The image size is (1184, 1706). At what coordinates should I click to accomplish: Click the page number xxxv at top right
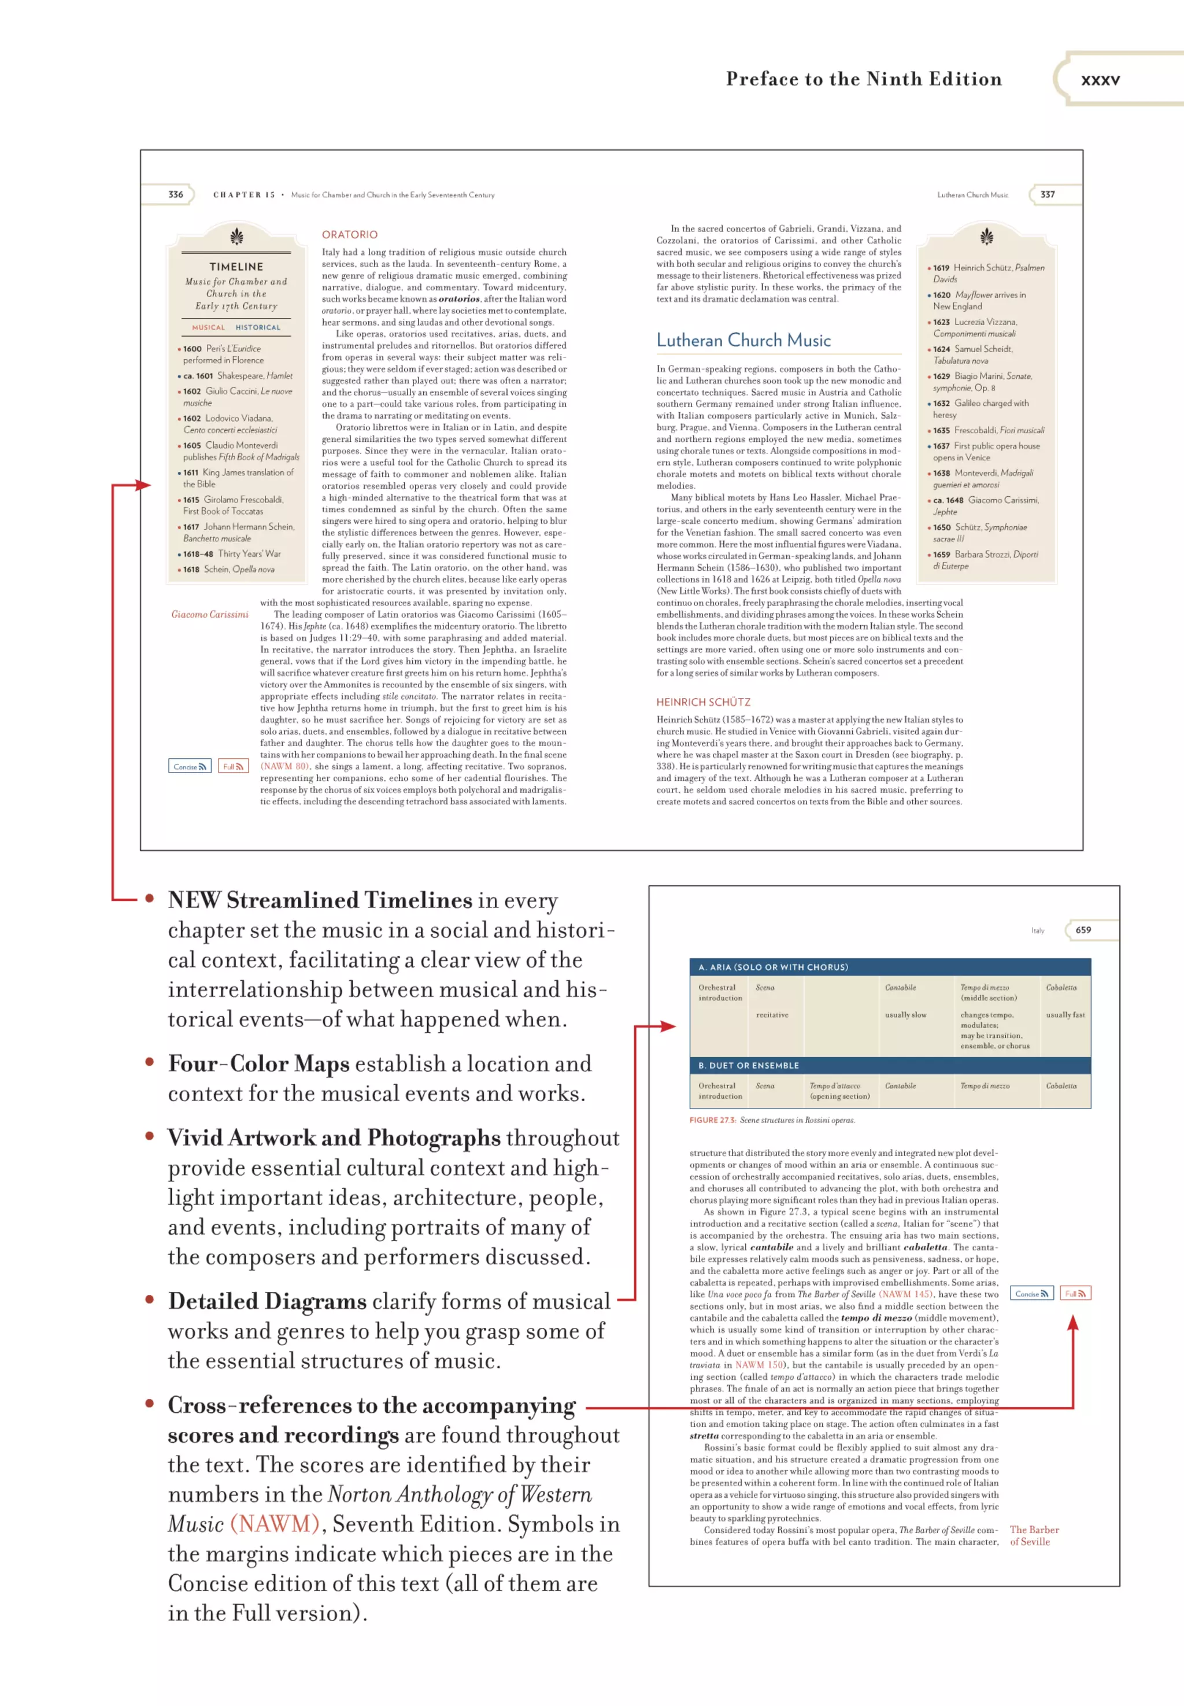pos(1100,79)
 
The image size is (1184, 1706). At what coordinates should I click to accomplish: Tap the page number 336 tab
pos(176,194)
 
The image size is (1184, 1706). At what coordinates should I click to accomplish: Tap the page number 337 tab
pos(1047,194)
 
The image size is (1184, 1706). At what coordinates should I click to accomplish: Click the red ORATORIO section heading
pos(349,234)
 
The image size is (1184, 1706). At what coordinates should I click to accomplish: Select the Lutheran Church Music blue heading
pos(743,341)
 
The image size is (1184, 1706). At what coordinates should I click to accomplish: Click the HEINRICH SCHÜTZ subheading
pos(702,702)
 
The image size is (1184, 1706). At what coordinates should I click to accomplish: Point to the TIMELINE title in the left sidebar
pos(236,267)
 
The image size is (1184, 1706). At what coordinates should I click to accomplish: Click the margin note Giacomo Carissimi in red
pos(210,614)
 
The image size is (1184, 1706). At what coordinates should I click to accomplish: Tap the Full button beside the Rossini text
pos(1074,1294)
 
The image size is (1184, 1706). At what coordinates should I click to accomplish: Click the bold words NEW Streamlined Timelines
pos(320,900)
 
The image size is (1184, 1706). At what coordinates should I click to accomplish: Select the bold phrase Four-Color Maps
pos(258,1064)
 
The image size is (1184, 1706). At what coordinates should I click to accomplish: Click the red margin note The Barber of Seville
pos(1034,1535)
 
